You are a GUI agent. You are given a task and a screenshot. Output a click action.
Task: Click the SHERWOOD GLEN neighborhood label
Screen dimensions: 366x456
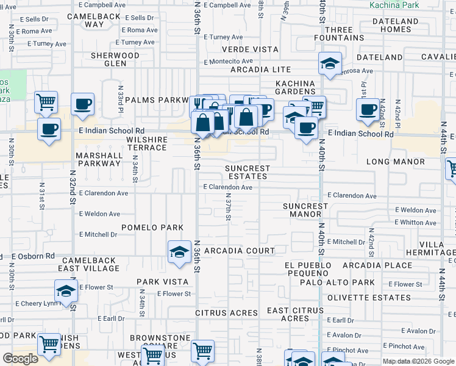pyautogui.click(x=115, y=59)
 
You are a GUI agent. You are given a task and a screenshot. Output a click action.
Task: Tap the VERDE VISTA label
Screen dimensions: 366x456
pyautogui.click(x=250, y=49)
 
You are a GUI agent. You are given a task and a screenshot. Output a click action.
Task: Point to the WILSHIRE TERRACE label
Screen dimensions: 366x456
pyautogui.click(x=146, y=143)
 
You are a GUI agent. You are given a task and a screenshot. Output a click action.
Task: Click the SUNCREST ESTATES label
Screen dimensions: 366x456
pyautogui.click(x=247, y=172)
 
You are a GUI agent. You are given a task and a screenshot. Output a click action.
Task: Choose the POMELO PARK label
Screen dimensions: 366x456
pyautogui.click(x=152, y=228)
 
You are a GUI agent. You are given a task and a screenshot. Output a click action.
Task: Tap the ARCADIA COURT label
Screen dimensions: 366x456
pyautogui.click(x=240, y=251)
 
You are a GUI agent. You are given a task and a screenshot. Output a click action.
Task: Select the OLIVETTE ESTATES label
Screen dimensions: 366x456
pyautogui.click(x=369, y=298)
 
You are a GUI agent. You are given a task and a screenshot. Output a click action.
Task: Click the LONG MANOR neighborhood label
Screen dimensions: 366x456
pyautogui.click(x=395, y=162)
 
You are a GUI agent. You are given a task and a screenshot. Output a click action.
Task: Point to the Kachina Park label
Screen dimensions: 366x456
pyautogui.click(x=394, y=5)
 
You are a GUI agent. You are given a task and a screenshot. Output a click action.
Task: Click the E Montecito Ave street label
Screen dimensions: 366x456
pyautogui.click(x=229, y=62)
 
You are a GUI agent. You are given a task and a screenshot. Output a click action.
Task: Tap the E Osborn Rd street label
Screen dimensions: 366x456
pyautogui.click(x=33, y=256)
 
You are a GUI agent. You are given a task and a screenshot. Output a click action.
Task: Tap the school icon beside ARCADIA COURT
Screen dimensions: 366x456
pyautogui.click(x=179, y=252)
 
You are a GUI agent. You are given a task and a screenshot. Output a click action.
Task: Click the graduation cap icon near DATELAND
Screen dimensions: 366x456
pyautogui.click(x=330, y=63)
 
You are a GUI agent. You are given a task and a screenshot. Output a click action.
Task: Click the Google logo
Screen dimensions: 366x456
pyautogui.click(x=20, y=359)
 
